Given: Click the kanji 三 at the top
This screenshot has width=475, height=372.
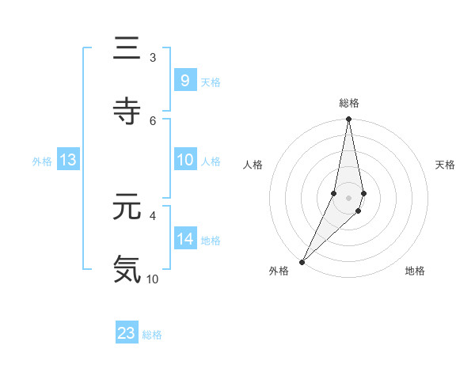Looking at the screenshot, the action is tap(127, 50).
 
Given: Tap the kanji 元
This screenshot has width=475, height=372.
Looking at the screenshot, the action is tap(127, 207).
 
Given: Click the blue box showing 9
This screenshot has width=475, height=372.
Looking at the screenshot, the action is tap(184, 81).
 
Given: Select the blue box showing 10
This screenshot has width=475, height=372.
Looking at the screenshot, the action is tap(184, 160).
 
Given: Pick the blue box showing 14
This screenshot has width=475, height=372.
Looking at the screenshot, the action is tap(184, 239).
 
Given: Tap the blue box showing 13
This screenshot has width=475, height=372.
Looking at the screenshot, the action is tap(68, 160).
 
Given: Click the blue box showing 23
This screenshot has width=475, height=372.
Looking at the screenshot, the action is tap(127, 333).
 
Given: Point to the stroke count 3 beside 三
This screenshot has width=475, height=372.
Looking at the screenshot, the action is tap(152, 58).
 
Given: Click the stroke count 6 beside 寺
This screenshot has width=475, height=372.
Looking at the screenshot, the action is tap(152, 120).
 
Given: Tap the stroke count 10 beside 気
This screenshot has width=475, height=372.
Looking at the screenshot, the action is tap(152, 279).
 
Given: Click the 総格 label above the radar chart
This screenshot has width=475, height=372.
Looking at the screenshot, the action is tap(348, 103).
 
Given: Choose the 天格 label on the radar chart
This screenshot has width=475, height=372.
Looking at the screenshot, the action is tap(445, 165).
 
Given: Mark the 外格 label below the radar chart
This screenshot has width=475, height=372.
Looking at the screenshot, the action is tap(279, 271).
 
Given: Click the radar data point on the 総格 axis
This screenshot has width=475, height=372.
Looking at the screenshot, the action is tap(348, 120).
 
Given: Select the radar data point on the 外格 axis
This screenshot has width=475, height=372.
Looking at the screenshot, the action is tap(302, 261).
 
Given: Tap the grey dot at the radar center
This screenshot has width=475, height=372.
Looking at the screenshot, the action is tap(348, 197).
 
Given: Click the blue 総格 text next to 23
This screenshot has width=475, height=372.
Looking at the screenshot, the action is tap(152, 335).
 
